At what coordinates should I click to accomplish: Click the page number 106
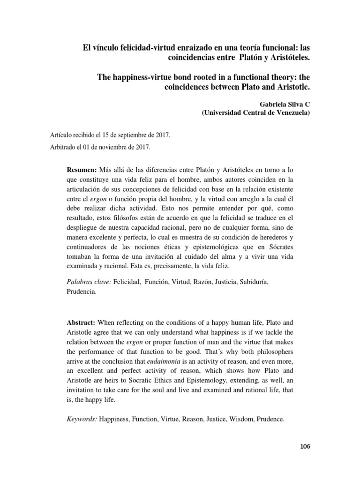[304, 447]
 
